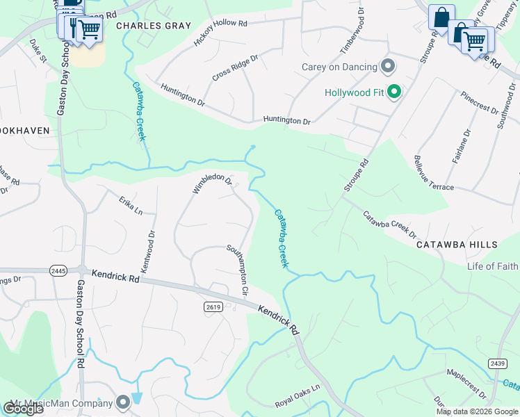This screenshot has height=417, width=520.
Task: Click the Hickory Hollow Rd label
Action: [221, 32]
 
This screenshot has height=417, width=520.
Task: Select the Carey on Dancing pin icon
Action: [389, 67]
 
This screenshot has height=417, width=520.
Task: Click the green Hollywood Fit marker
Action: [395, 92]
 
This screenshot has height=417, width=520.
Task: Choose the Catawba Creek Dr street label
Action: [389, 225]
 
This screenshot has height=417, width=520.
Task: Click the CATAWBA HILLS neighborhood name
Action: [457, 245]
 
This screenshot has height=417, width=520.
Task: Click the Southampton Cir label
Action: [238, 269]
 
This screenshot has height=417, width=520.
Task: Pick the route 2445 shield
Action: [58, 270]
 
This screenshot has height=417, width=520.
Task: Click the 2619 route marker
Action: [213, 306]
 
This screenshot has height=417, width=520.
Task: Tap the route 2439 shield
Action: [497, 363]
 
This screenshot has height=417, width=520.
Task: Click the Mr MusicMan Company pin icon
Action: [123, 402]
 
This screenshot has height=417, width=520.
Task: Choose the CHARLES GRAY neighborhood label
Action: [143, 25]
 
